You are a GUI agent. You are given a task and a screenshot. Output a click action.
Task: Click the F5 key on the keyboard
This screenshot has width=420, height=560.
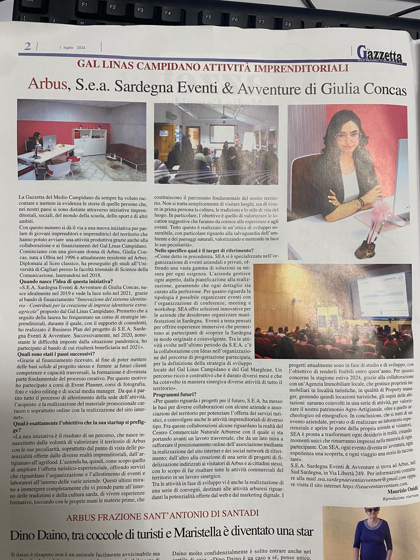209,16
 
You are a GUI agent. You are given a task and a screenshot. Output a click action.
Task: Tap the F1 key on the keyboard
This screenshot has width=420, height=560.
84,5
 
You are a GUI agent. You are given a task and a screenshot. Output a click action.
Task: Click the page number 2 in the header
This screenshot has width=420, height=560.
27,46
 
